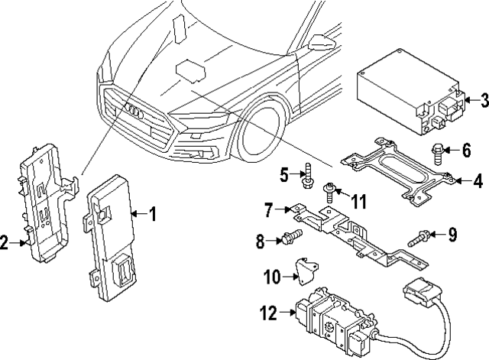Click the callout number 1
(153, 215)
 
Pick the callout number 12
(267, 313)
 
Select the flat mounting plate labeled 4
(397, 174)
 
